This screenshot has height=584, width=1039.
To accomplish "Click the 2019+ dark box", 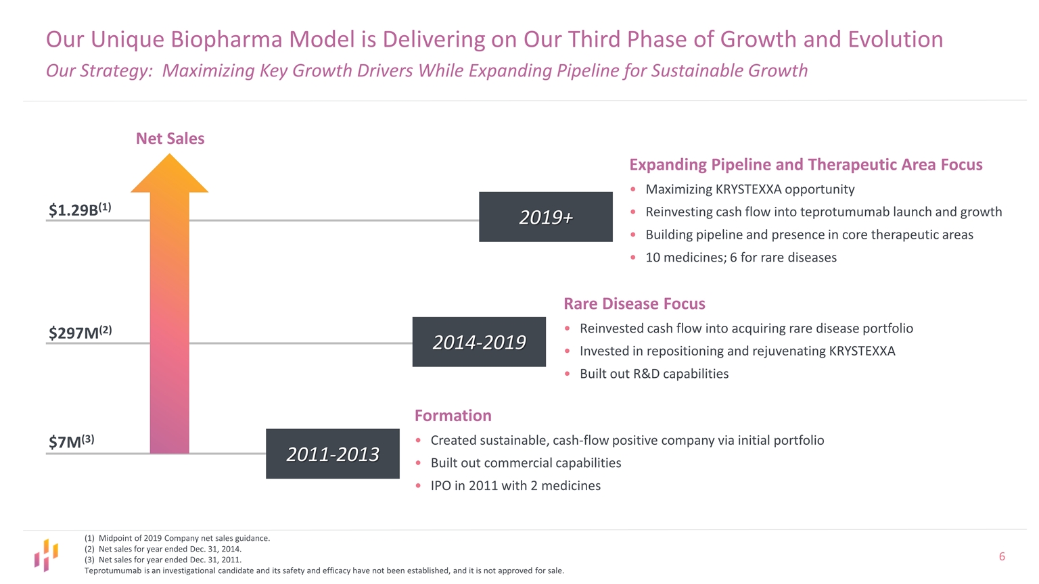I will (x=545, y=217).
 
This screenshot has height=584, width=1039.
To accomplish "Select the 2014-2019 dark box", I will (x=479, y=342).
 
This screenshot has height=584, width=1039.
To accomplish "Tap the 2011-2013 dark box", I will (x=332, y=454).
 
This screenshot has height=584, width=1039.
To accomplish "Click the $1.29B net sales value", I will (x=80, y=210).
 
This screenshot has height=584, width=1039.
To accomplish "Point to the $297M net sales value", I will (x=80, y=332).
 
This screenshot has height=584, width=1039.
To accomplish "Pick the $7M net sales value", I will (x=71, y=441).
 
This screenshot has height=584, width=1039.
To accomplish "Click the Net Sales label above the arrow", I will (x=170, y=139).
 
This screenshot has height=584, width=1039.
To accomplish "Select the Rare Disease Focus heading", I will (x=634, y=303).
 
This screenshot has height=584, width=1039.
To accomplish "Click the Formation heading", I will (x=453, y=415).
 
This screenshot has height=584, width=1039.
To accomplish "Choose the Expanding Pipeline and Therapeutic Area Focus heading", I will (x=806, y=164).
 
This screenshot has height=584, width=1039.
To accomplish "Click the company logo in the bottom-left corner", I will (x=46, y=555).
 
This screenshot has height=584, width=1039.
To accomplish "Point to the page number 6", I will (x=1002, y=556).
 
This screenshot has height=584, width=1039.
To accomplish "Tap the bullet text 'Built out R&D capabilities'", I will (x=653, y=374).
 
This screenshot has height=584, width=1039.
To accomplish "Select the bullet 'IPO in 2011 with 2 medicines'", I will (x=515, y=485).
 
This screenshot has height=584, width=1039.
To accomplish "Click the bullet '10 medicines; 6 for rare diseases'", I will (x=741, y=258).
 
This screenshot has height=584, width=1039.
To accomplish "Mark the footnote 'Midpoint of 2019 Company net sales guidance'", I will (x=183, y=538).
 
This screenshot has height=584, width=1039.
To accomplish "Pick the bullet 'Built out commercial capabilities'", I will (x=525, y=463).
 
